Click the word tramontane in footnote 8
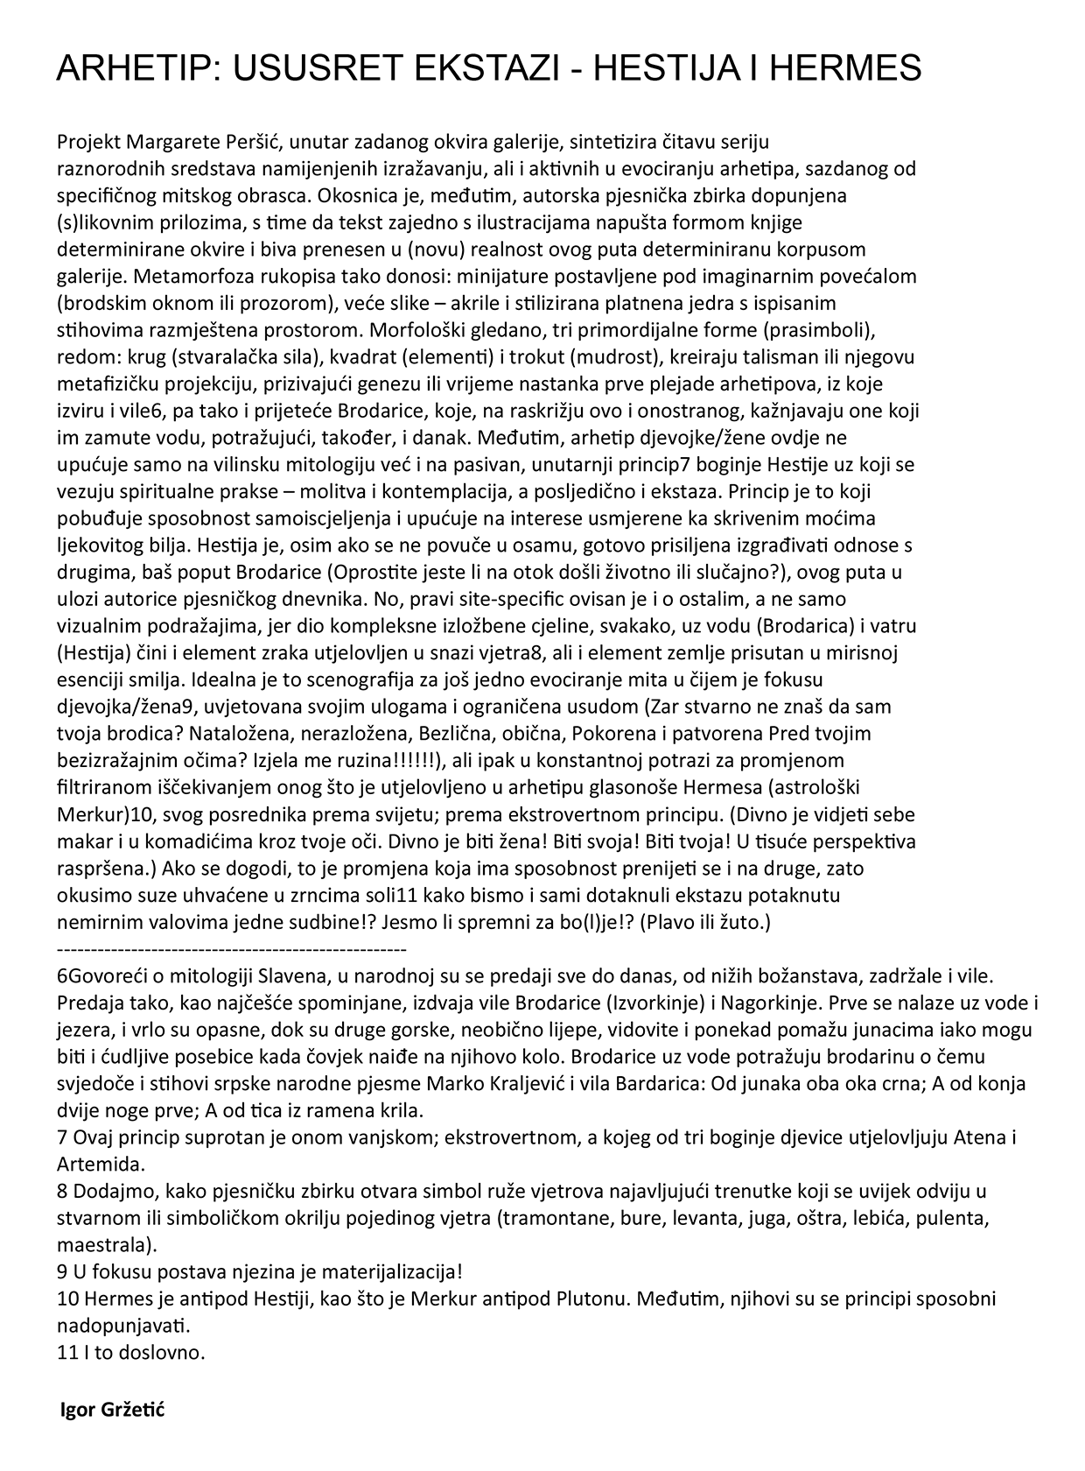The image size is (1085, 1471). [x=551, y=1218]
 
